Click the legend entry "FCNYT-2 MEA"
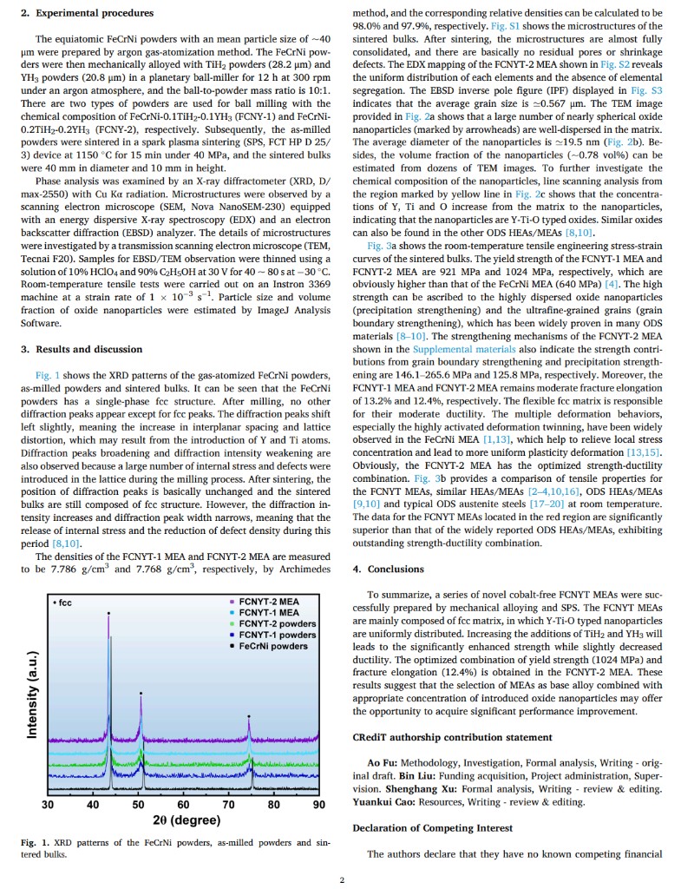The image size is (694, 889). (x=268, y=602)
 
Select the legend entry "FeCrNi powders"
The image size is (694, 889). (x=273, y=646)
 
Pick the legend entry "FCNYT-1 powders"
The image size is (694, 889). (x=277, y=635)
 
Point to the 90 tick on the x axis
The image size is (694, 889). (x=319, y=804)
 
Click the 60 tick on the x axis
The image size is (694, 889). (x=183, y=804)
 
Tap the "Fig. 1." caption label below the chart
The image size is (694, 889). (x=35, y=843)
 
